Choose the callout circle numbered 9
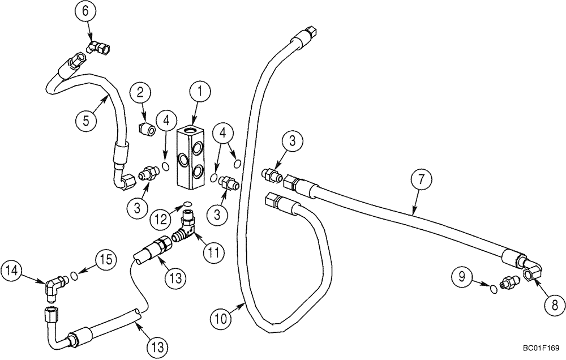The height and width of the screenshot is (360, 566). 462,276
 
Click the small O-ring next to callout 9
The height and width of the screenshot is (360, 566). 494,289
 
